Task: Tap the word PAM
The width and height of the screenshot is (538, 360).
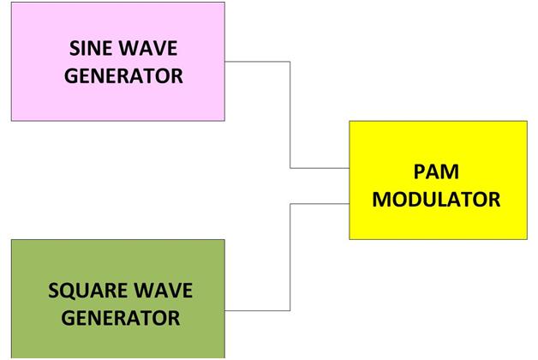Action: pyautogui.click(x=437, y=170)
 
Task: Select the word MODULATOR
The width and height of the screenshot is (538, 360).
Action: pyautogui.click(x=437, y=200)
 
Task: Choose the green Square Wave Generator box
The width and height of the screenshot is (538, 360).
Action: pyautogui.click(x=118, y=257)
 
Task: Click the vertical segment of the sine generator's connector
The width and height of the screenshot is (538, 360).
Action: pyautogui.click(x=290, y=115)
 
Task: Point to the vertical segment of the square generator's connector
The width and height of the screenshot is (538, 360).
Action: pyautogui.click(x=290, y=256)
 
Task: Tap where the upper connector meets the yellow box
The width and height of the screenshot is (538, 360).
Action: pyautogui.click(x=350, y=168)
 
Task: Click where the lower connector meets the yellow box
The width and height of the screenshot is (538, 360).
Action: pyautogui.click(x=350, y=204)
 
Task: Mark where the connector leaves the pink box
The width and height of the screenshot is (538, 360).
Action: pyautogui.click(x=225, y=62)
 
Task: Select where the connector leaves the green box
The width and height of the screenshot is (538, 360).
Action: pyautogui.click(x=225, y=309)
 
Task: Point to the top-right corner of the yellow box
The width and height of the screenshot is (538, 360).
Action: pyautogui.click(x=527, y=121)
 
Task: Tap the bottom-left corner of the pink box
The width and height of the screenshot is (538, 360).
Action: pyautogui.click(x=11, y=120)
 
